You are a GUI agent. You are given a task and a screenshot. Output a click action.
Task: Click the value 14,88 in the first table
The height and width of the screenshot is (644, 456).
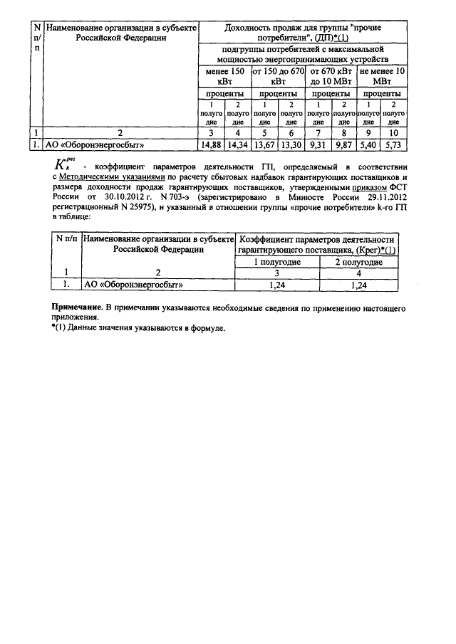coord(211,144)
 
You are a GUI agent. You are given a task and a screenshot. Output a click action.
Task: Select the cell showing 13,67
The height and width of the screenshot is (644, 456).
coord(264,144)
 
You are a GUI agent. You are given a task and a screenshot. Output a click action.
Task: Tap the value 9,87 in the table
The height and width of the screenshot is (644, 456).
coord(343,144)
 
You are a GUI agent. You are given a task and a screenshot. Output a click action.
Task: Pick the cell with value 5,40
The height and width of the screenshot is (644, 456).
coord(368,144)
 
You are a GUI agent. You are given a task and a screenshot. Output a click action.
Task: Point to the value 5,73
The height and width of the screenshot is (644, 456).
coord(393,144)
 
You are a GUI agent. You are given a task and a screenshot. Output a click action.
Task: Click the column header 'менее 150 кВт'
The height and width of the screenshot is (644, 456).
coord(224,76)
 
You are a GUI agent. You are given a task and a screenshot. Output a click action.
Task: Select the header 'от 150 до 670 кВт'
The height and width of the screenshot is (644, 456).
coord(277,76)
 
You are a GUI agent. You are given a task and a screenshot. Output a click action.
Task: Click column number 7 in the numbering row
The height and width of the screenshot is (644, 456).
coord(318,132)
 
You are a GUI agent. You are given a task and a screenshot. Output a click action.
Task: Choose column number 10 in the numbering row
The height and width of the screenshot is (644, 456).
coord(393,132)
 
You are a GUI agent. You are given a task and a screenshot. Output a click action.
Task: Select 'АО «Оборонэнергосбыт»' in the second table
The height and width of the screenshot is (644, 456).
coord(134,285)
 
